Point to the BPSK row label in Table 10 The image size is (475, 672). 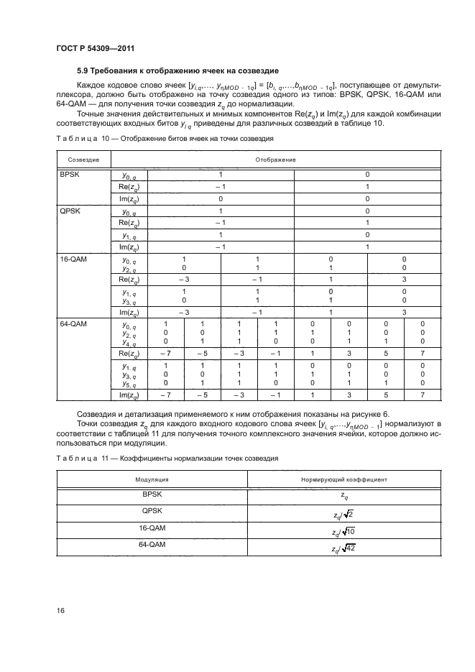pos(68,174)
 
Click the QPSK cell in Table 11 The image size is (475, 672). pos(153,510)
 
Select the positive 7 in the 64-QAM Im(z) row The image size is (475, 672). pos(423,395)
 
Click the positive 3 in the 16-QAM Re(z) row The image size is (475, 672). pos(404,279)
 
